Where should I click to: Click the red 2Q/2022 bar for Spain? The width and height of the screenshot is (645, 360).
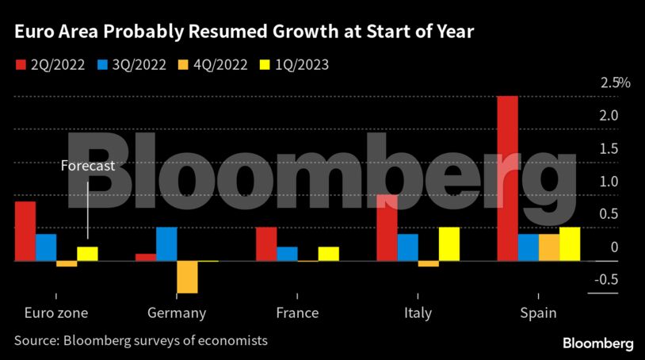point(507,178)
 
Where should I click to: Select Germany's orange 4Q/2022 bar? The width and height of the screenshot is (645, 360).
point(187,277)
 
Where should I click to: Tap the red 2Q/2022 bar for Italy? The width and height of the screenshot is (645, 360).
point(387,228)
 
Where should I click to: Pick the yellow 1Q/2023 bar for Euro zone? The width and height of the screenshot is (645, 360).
point(87,254)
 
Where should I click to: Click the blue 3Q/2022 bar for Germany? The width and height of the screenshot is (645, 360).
point(166,244)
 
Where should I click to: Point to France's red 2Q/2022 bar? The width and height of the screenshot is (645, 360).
point(266,244)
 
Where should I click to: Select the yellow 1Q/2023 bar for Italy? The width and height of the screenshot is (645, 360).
point(448,244)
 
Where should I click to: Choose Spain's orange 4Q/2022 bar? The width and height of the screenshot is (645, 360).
point(548,247)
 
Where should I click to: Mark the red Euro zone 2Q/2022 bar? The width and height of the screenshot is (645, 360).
point(25,231)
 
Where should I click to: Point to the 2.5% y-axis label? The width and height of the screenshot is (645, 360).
point(615,83)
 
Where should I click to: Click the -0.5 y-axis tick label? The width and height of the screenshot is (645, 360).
point(609,279)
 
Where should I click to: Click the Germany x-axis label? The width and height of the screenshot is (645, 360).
point(177,312)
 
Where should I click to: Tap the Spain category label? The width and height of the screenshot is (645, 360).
point(538,312)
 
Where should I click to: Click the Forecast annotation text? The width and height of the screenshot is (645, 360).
point(88,166)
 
